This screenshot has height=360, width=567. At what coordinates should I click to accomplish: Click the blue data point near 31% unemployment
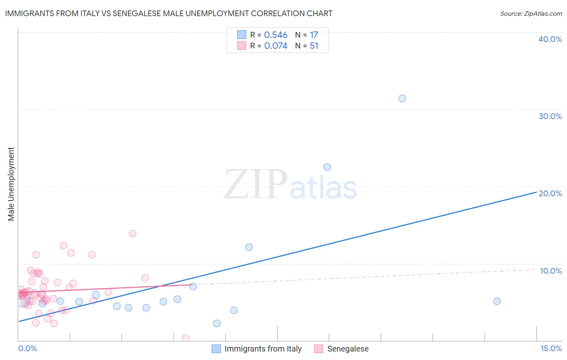pyautogui.click(x=402, y=98)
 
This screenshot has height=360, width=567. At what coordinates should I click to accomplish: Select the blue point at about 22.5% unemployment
pyautogui.click(x=327, y=167)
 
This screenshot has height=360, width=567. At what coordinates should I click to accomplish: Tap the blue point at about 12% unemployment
pyautogui.click(x=249, y=247)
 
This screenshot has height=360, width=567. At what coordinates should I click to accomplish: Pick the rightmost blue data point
pyautogui.click(x=497, y=301)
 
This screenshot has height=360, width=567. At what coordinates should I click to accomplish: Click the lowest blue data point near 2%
pyautogui.click(x=217, y=323)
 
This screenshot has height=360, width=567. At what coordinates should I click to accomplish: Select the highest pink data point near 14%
pyautogui.click(x=132, y=234)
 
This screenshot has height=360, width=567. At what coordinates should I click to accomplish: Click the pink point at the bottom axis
pyautogui.click(x=186, y=338)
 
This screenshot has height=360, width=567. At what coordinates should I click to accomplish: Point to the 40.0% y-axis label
pyautogui.click(x=550, y=39)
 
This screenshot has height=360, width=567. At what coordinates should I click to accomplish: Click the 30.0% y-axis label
pyautogui.click(x=550, y=116)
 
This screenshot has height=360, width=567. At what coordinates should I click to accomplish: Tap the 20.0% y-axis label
pyautogui.click(x=550, y=193)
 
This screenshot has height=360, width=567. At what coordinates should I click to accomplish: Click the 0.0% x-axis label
pyautogui.click(x=27, y=348)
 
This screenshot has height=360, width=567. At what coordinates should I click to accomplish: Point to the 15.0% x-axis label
pyautogui.click(x=551, y=348)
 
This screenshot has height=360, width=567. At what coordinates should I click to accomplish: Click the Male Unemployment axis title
pyautogui.click(x=11, y=184)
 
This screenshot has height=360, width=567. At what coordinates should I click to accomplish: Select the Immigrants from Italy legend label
pyautogui.click(x=263, y=349)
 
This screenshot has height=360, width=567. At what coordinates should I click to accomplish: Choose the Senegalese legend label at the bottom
pyautogui.click(x=348, y=349)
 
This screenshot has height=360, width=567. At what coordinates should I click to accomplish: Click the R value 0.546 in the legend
pyautogui.click(x=275, y=35)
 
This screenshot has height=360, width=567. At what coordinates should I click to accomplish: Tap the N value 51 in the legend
pyautogui.click(x=314, y=46)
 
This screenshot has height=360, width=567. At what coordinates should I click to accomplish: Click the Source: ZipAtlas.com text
pyautogui.click(x=531, y=14)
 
